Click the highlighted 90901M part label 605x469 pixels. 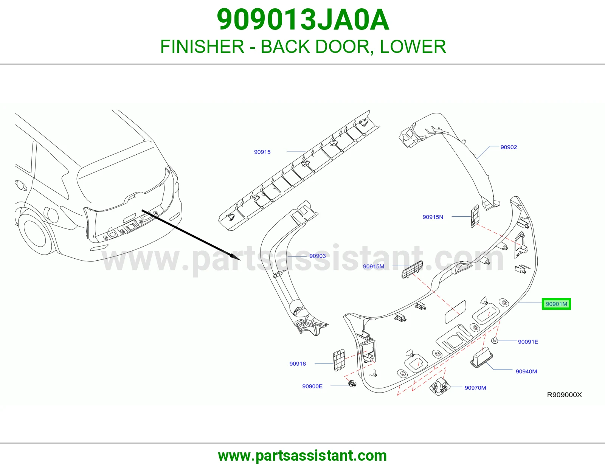point(556,304)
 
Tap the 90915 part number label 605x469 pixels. point(262,152)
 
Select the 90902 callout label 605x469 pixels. point(509,148)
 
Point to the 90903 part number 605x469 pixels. point(317,256)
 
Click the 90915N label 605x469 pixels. point(433,217)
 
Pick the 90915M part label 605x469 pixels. point(374,267)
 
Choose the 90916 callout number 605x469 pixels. point(298,364)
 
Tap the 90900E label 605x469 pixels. point(312,386)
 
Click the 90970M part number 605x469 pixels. point(475,388)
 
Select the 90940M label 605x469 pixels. point(526,371)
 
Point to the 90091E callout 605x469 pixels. point(528,342)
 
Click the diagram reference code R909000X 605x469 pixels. point(564,394)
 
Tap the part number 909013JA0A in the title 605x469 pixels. point(303,20)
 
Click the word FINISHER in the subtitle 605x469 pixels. point(202,47)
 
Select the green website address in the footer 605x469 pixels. point(302,456)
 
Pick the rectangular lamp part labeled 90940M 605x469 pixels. point(481,357)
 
